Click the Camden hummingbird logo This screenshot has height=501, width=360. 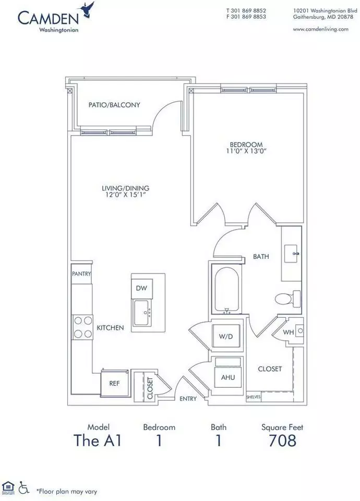[x=89, y=9]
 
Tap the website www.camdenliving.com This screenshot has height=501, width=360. [x=320, y=29]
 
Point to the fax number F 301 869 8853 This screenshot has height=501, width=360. [x=246, y=17]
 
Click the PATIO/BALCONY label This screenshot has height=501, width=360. [x=114, y=105]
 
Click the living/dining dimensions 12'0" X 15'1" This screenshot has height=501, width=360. [x=125, y=195]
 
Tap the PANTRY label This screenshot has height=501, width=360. [x=81, y=273]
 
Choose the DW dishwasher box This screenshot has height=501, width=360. [x=141, y=288]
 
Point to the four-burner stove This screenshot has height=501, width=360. [x=82, y=327]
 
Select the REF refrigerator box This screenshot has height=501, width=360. [x=114, y=383]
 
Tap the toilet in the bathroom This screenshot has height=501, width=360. [x=287, y=299]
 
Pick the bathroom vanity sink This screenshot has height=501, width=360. [x=291, y=254]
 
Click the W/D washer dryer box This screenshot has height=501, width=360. [x=226, y=336]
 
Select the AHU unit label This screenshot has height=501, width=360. [x=228, y=377]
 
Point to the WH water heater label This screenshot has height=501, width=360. [x=288, y=332]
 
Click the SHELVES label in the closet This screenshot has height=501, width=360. [x=254, y=397]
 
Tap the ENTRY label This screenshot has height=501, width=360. [x=188, y=399]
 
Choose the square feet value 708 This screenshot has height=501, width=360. [x=282, y=440]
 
